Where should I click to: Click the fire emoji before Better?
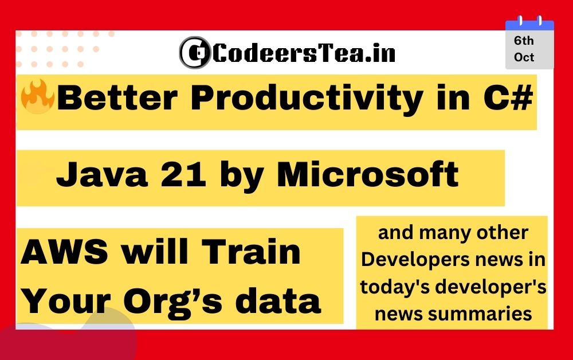point(38,96)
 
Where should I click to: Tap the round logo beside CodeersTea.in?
point(195,53)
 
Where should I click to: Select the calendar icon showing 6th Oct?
point(529,42)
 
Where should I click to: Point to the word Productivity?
point(307,98)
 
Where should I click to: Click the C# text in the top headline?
point(508,97)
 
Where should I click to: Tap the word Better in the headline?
point(117,97)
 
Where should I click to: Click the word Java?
point(102,175)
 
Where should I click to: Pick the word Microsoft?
point(368,174)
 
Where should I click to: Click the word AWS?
point(65,252)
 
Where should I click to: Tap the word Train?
point(251,252)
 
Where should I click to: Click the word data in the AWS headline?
point(278,300)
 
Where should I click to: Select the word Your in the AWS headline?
point(66,301)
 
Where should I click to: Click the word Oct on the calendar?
point(524,57)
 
